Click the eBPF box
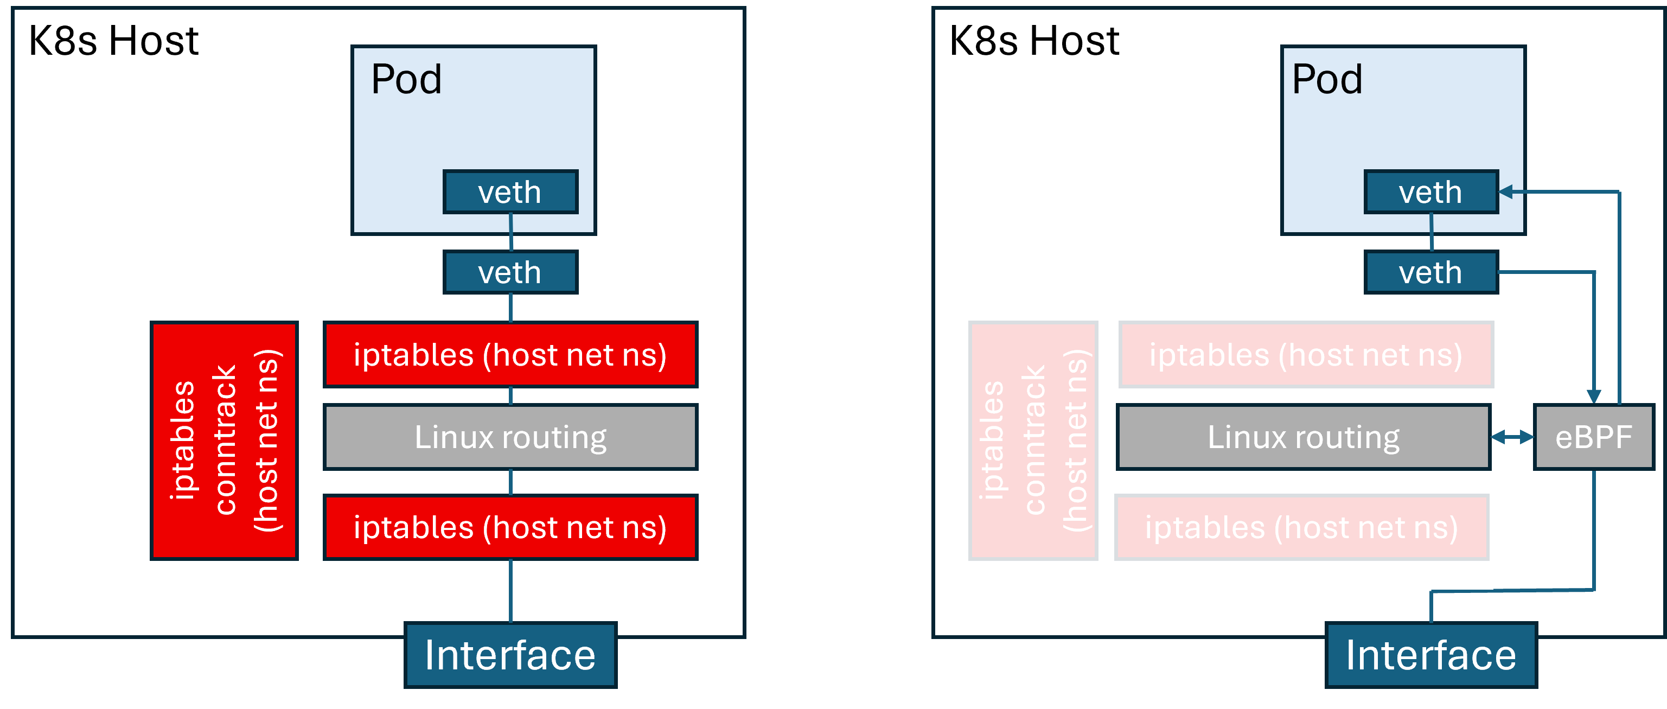click(1593, 437)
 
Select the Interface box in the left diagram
click(510, 655)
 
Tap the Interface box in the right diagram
click(1431, 655)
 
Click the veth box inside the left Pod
click(510, 192)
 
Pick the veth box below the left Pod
click(510, 272)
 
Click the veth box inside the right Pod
click(1431, 192)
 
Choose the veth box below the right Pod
click(1431, 272)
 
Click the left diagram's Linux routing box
click(510, 437)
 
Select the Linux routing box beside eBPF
click(1304, 437)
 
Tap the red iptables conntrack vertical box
click(224, 440)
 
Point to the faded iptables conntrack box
click(1033, 440)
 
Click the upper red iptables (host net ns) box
click(510, 355)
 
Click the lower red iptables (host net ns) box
click(510, 527)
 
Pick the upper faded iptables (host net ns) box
click(1306, 355)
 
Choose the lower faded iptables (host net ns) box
click(1301, 527)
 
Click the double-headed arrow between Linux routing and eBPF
click(1512, 437)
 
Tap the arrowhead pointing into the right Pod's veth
click(1506, 191)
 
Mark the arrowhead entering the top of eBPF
click(1594, 397)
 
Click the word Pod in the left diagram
click(406, 80)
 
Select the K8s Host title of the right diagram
click(1033, 41)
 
